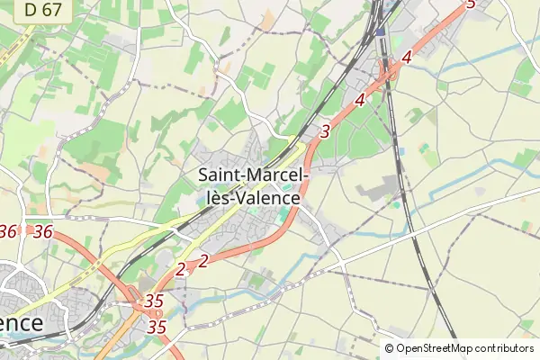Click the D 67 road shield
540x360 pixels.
42,10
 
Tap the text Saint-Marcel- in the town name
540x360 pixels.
254,175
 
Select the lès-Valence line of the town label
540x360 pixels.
249,197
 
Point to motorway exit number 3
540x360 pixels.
325,131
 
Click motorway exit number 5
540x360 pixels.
470,4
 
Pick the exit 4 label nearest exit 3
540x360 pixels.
360,101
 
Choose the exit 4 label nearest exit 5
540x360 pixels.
407,58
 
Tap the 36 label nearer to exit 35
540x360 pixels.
42,231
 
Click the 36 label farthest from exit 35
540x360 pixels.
8,231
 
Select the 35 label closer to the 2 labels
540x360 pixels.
154,301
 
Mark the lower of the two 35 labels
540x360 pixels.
157,327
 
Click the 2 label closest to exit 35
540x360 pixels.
181,268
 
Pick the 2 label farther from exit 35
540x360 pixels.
203,261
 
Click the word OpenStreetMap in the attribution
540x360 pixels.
435,348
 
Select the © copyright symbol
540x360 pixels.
389,348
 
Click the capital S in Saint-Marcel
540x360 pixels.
204,175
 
